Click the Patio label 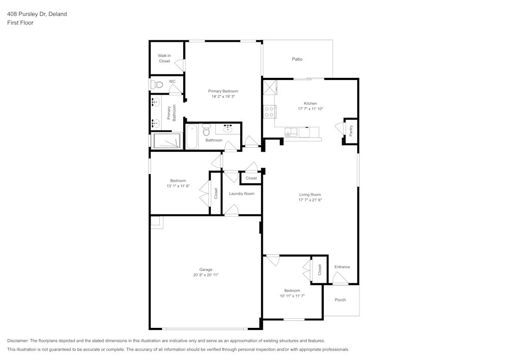[297, 59]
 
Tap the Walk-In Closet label [164, 58]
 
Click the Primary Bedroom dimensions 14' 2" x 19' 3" [222, 96]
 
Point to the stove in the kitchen [269, 112]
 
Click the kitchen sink [291, 133]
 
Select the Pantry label [351, 130]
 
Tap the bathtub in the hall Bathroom [191, 136]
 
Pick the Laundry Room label [241, 193]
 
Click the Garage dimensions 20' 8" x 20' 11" [206, 275]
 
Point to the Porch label [340, 300]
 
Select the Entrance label [342, 267]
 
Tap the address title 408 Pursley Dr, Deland [37, 14]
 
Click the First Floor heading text [20, 23]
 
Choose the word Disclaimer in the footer [18, 341]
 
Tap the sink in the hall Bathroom [228, 128]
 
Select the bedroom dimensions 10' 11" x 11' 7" [292, 296]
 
